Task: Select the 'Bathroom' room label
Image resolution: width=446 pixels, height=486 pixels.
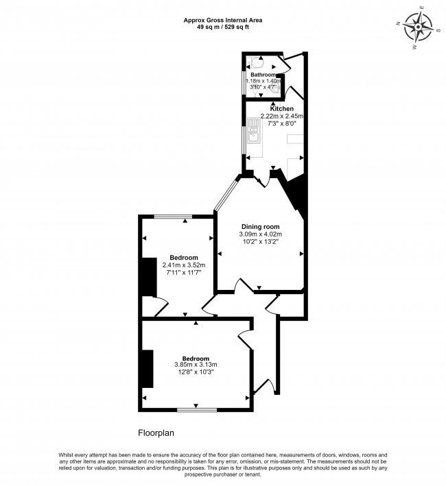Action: (x=263, y=75)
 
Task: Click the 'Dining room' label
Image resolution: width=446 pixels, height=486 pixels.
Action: (x=261, y=226)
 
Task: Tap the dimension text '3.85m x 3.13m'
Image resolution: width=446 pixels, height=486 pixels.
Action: (x=195, y=364)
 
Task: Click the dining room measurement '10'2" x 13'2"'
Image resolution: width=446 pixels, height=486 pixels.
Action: (x=261, y=242)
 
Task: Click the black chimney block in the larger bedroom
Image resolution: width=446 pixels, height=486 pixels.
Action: (x=147, y=369)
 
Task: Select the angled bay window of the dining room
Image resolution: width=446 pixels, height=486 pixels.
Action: (x=226, y=195)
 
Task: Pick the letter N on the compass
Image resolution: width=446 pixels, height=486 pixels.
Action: (x=400, y=22)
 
